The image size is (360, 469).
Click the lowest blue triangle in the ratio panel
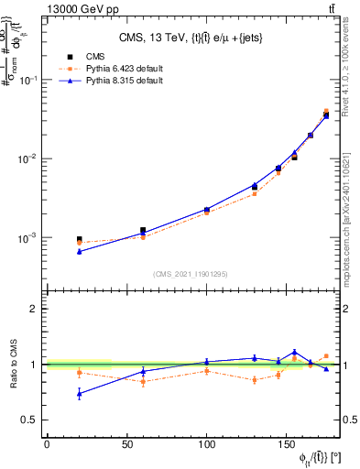pos(79,394)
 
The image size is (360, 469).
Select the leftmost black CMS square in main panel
pos(79,239)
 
